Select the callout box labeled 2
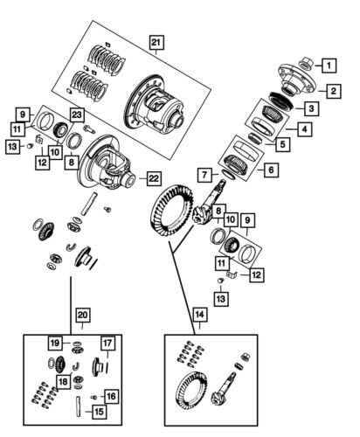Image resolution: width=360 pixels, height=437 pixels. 333,90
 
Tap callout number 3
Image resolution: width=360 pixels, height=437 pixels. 310,108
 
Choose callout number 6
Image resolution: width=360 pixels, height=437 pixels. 271,170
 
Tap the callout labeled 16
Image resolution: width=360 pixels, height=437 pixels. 111,396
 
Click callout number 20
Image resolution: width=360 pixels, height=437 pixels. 83,315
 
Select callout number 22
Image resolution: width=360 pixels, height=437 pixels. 153,178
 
